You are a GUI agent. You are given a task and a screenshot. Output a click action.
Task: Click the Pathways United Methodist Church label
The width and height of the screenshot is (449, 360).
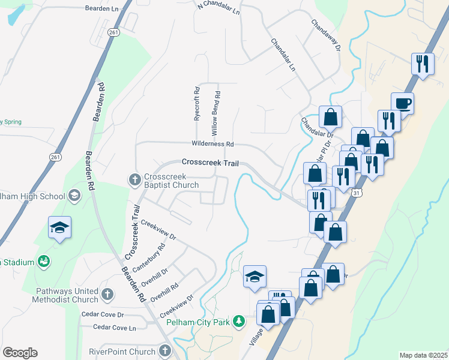(66, 295)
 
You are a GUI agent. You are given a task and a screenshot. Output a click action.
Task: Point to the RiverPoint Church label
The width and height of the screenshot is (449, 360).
(122, 352)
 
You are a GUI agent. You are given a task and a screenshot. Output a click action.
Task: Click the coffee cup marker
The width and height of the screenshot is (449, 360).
(402, 103)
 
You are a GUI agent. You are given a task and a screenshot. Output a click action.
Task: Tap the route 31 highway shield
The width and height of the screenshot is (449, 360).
(357, 193)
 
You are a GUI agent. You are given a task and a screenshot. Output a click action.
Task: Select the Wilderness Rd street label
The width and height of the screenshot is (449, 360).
(212, 144)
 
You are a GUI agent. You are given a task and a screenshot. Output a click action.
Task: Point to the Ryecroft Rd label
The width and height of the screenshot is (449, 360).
(196, 104)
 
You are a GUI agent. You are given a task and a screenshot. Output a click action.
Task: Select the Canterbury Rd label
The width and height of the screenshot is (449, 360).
(152, 257)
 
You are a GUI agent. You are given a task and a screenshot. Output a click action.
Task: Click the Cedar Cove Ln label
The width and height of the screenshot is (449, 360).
(115, 328)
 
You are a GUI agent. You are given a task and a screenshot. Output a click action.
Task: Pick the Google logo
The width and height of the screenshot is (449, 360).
(20, 353)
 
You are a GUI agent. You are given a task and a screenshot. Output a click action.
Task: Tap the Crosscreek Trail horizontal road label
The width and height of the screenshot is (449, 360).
(206, 163)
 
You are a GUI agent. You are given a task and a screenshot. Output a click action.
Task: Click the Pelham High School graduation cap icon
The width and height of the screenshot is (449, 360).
(74, 196)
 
